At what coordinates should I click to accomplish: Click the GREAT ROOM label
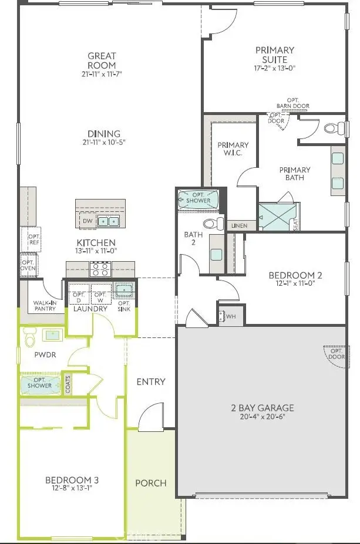[102, 61]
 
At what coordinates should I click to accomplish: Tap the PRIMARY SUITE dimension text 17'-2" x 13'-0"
[275, 68]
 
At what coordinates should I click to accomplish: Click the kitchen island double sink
[107, 221]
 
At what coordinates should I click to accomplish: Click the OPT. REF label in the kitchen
[33, 240]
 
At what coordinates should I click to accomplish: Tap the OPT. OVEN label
[28, 266]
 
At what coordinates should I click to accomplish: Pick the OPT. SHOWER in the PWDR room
[41, 384]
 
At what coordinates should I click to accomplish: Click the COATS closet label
[69, 385]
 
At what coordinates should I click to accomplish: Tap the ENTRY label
[151, 381]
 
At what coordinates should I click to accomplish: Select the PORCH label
[151, 483]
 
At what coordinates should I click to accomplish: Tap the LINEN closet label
[239, 225]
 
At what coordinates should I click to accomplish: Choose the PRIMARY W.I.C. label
[233, 149]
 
